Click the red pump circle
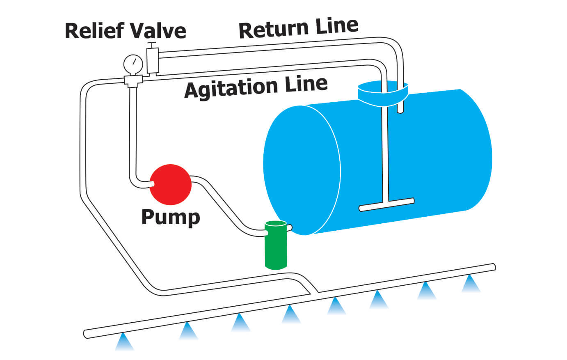(170, 184)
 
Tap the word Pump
(170, 217)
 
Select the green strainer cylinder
(275, 245)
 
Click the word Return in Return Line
(274, 30)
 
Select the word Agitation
(230, 88)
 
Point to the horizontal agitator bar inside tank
(386, 204)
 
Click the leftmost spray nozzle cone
(124, 342)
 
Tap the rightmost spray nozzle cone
(471, 284)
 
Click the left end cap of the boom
(85, 334)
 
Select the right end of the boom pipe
(494, 266)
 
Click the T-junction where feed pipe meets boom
(314, 290)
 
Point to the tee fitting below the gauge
(133, 80)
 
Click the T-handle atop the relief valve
(152, 43)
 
